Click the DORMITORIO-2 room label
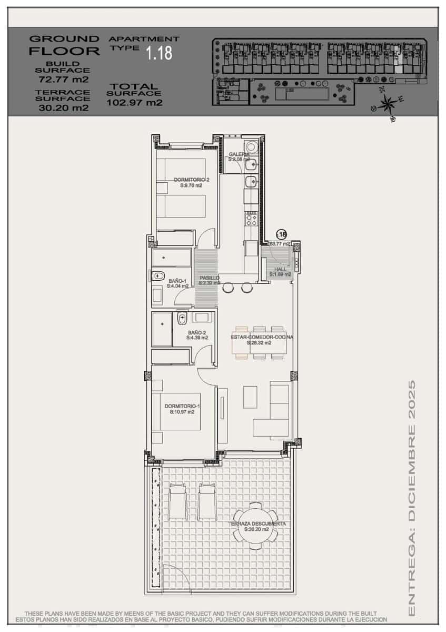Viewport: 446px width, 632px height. click(188, 180)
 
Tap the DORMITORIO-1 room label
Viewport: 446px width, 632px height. click(182, 406)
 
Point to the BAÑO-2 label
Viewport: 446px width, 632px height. click(197, 333)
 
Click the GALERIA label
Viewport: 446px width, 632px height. click(239, 154)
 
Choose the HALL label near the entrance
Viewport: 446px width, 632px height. click(280, 270)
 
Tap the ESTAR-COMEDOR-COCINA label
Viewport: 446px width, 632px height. click(262, 337)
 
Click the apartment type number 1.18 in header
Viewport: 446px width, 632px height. click(159, 53)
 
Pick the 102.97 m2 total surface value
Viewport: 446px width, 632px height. click(134, 103)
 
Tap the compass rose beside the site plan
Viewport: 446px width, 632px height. click(388, 103)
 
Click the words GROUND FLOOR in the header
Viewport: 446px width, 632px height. click(64, 45)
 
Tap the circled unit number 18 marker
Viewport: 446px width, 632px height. click(282, 234)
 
